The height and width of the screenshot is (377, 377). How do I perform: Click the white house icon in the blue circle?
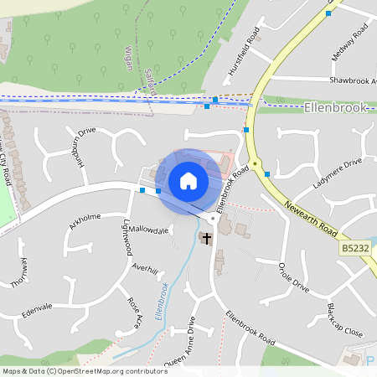click(x=188, y=180)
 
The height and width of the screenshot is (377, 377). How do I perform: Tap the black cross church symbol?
click(x=206, y=239)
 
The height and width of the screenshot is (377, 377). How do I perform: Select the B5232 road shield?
click(x=354, y=248)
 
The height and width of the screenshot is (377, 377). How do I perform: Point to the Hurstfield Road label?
click(x=244, y=54)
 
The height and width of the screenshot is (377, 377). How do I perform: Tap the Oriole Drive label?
click(x=294, y=277)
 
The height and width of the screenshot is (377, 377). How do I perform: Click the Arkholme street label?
click(x=85, y=217)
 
